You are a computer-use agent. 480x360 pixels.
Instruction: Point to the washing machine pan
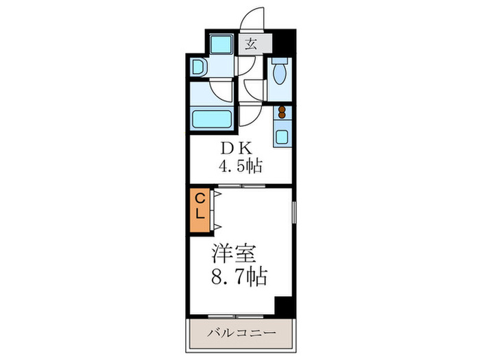click(x=221, y=46)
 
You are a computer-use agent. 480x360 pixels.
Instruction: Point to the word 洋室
click(x=234, y=254)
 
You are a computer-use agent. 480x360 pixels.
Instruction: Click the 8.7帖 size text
click(x=239, y=278)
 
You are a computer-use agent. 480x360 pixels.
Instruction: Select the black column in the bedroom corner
click(x=283, y=306)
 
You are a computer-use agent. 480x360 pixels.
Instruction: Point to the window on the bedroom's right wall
click(x=293, y=219)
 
